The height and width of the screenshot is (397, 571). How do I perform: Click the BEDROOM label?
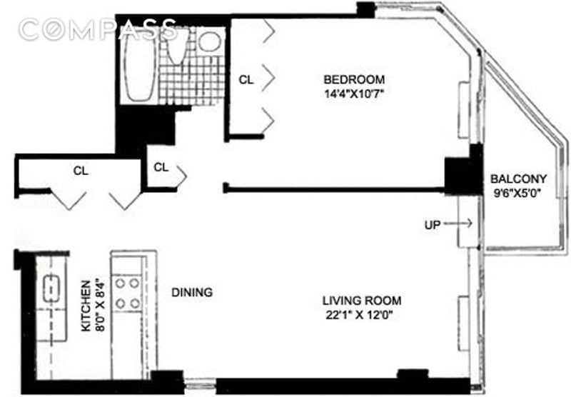[354, 79]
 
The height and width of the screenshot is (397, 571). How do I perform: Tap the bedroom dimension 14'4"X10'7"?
[354, 94]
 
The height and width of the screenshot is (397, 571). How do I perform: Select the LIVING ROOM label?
[362, 301]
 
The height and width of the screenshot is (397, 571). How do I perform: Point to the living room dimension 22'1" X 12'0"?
[360, 315]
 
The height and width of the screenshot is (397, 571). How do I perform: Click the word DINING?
[192, 292]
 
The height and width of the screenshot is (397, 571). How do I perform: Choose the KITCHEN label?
[86, 306]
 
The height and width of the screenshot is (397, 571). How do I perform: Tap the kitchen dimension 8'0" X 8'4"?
[100, 305]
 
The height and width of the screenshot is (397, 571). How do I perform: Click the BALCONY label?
[519, 179]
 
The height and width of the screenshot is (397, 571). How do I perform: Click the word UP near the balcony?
[433, 225]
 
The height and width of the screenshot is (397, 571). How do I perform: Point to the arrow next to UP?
[458, 223]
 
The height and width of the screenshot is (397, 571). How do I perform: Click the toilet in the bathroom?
[177, 46]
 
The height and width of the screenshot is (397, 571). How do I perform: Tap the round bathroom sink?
[209, 41]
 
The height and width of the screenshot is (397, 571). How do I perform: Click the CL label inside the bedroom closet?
[246, 79]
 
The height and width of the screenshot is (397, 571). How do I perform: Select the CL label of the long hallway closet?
[81, 171]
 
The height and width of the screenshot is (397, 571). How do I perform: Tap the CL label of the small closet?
[161, 167]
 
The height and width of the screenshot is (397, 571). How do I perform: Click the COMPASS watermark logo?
[98, 29]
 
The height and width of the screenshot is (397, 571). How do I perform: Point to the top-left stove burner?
[120, 283]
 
